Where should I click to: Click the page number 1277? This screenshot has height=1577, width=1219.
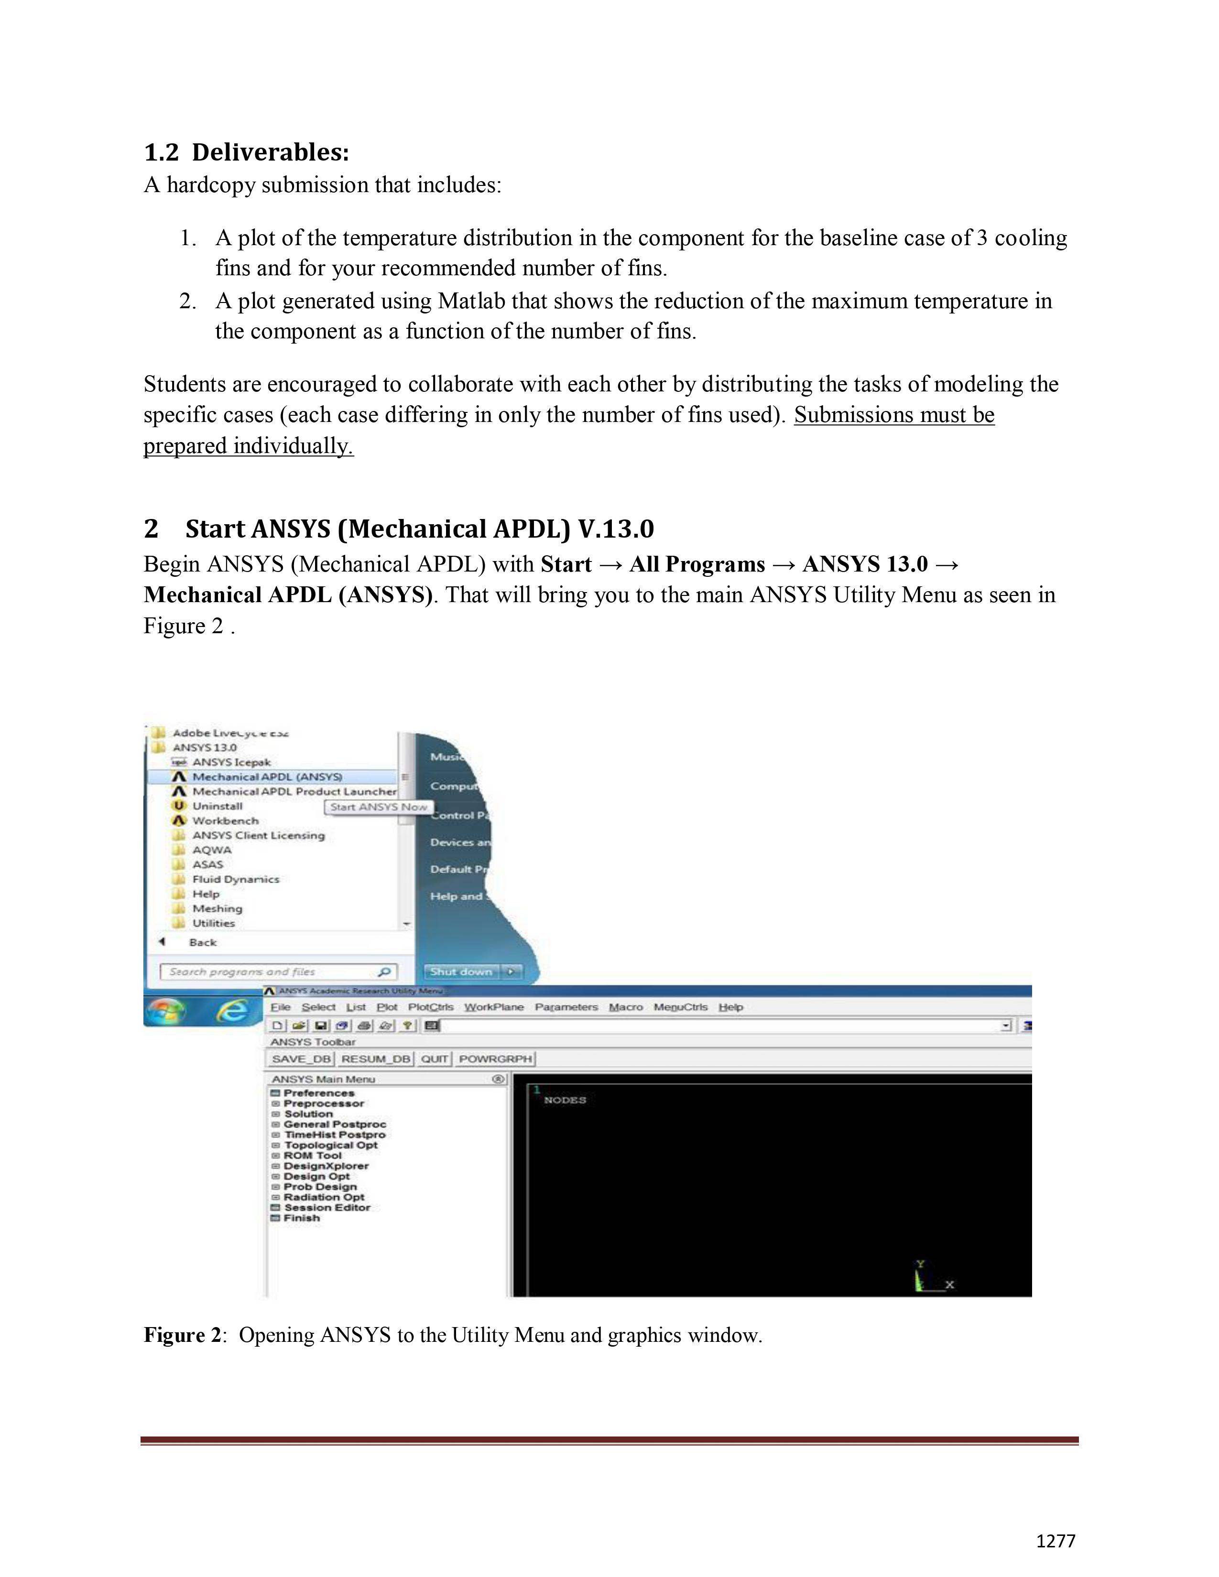click(x=1055, y=1541)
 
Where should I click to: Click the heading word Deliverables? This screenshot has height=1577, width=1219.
click(x=270, y=152)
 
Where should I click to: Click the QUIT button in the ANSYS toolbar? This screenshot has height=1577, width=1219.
click(x=434, y=1059)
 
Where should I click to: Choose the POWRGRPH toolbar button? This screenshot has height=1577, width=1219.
click(x=495, y=1059)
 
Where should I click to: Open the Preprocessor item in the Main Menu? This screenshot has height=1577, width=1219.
click(x=324, y=1103)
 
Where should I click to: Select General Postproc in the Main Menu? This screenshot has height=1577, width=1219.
click(x=334, y=1124)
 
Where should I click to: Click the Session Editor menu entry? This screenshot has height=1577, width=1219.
click(x=327, y=1207)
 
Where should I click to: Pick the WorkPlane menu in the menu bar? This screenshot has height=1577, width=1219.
click(x=493, y=1007)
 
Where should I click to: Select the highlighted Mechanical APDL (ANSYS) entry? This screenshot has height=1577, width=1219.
click(x=267, y=777)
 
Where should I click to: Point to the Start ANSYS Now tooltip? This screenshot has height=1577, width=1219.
click(x=379, y=807)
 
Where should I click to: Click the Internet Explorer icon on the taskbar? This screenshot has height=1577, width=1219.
click(x=231, y=1011)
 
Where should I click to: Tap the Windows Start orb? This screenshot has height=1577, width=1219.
click(x=165, y=1011)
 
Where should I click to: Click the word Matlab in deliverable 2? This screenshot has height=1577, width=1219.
click(x=471, y=301)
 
